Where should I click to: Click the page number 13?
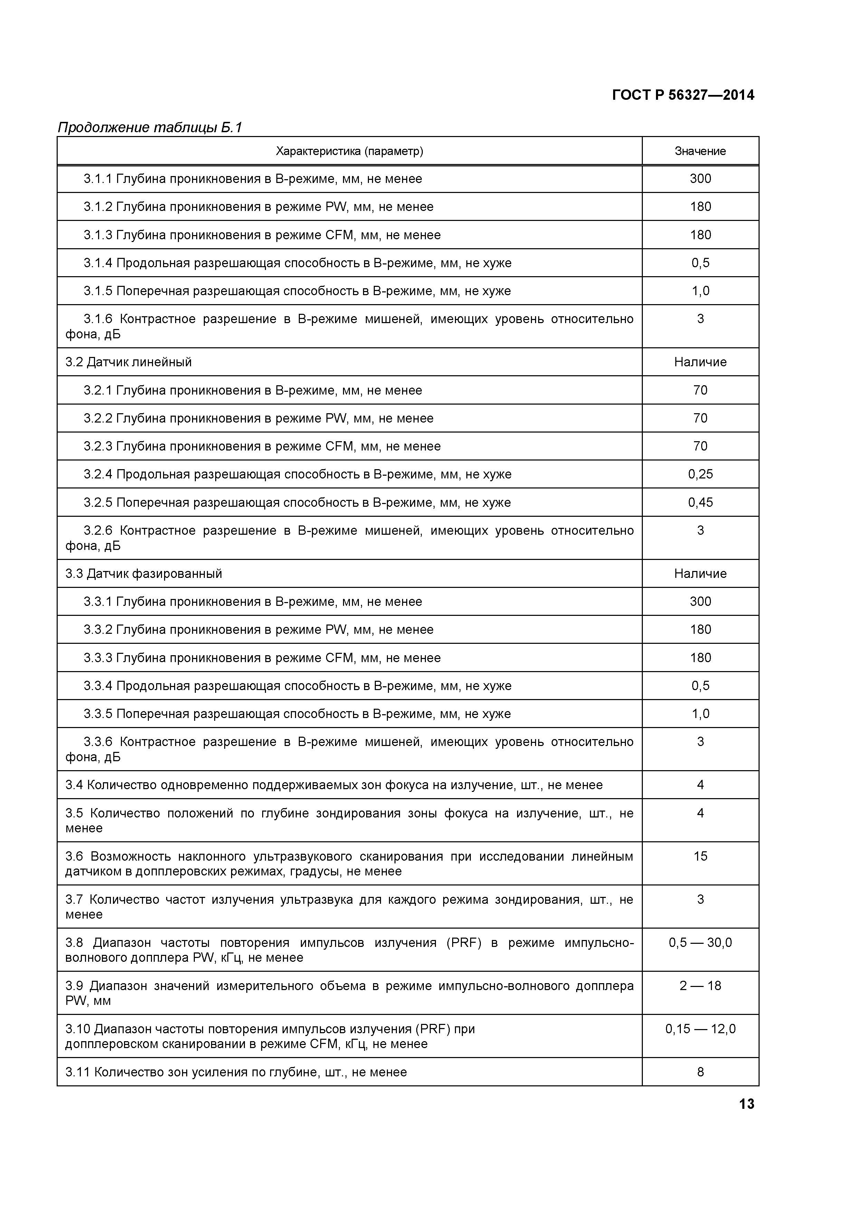(746, 1104)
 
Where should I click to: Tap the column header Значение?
(700, 151)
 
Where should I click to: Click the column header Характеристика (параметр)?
(349, 151)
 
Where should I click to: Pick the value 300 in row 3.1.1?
(700, 179)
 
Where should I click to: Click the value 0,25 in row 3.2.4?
(700, 474)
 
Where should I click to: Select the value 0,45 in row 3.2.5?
(700, 502)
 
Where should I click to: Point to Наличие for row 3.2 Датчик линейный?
(700, 362)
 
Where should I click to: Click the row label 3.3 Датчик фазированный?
(144, 573)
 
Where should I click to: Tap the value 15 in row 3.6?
(700, 856)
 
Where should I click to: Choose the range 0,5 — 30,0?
(700, 942)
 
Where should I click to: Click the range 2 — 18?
(700, 986)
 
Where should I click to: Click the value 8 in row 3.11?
(700, 1072)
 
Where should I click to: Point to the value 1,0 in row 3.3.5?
(700, 714)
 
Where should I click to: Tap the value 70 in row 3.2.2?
(700, 418)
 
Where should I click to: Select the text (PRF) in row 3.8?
(464, 942)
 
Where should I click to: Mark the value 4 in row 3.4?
(700, 785)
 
